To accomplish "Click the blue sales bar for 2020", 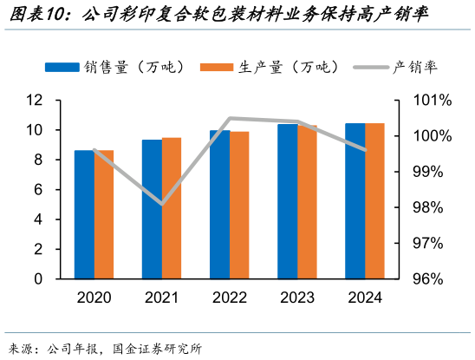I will pos(84,215).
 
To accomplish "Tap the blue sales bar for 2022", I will pos(219,205).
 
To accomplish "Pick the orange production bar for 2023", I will pos(307,201).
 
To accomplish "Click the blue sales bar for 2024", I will pos(355,201).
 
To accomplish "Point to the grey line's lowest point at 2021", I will pos(161,205).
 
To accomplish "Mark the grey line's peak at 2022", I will pos(230,118).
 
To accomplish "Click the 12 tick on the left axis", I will pos(35,101).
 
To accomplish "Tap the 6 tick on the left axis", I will pos(38,190).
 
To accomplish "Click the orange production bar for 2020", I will pos(104,215).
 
